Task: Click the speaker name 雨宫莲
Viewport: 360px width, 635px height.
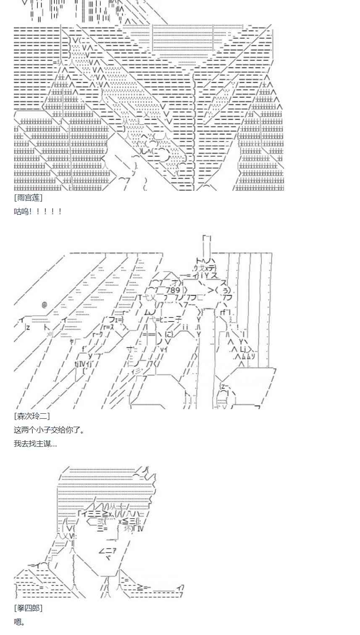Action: [x=28, y=197]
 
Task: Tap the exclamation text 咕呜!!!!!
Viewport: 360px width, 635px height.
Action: [x=38, y=211]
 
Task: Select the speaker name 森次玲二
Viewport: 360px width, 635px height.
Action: [x=32, y=416]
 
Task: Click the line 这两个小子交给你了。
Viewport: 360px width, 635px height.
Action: [x=49, y=430]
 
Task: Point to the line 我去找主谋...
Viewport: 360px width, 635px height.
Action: [x=35, y=443]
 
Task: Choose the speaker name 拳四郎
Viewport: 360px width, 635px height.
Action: [x=28, y=608]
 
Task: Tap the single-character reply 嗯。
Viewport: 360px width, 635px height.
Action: [x=19, y=622]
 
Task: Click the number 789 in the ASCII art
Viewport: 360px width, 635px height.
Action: [x=173, y=290]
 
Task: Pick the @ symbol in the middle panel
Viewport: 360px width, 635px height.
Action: [x=45, y=304]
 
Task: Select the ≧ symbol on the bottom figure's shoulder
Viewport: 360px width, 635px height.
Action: [x=145, y=587]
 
